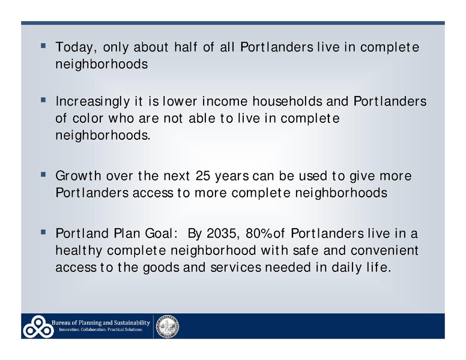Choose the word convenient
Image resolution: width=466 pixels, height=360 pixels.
[x=387, y=250]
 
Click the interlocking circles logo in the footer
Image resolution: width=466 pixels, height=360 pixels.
[x=38, y=326]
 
